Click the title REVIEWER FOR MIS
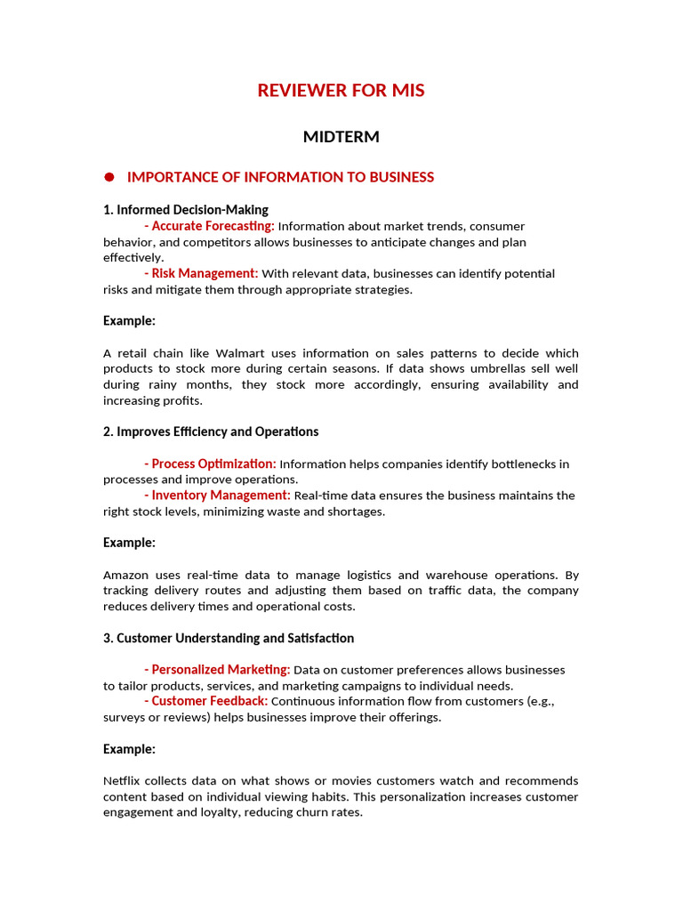pyautogui.click(x=341, y=91)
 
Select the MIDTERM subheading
pyautogui.click(x=341, y=136)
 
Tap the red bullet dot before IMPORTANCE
pyautogui.click(x=109, y=177)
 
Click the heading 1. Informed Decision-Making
pyautogui.click(x=185, y=210)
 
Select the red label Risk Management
pyautogui.click(x=205, y=274)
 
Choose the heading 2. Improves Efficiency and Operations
pyautogui.click(x=210, y=431)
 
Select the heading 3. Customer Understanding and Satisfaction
pyautogui.click(x=229, y=638)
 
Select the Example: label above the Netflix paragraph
pyautogui.click(x=129, y=749)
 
